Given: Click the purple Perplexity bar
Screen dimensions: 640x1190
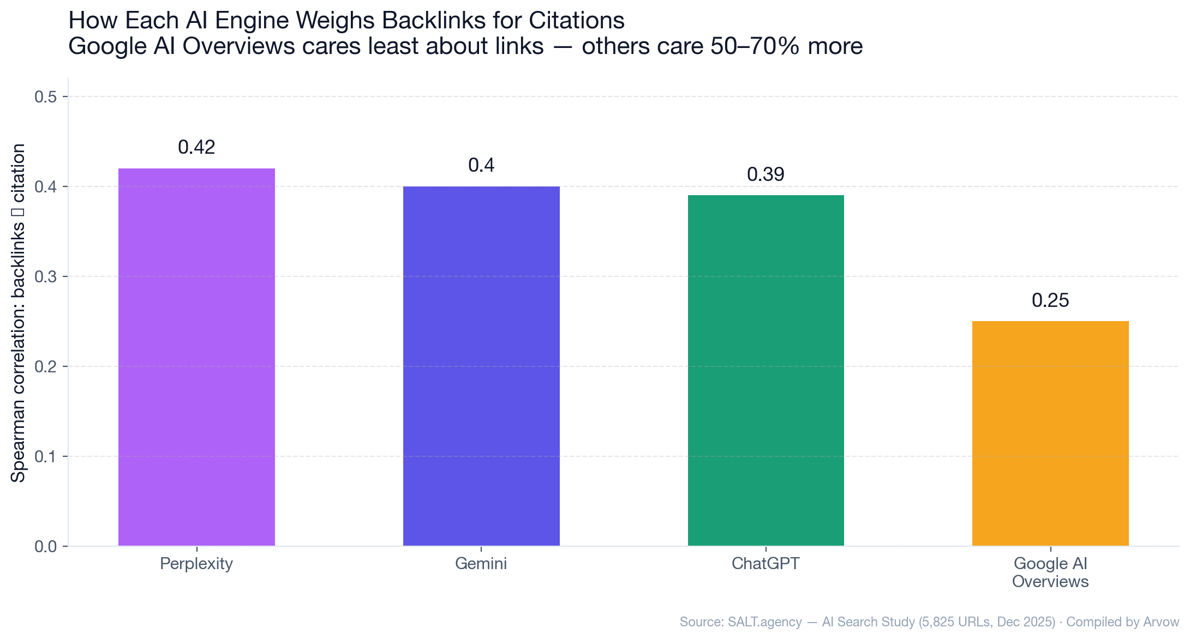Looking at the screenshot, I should click(196, 357).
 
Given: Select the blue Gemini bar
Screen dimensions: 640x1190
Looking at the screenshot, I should click(481, 366).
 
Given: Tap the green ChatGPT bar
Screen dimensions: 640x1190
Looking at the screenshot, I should click(766, 370).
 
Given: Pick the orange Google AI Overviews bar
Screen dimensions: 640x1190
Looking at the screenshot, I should click(1050, 433).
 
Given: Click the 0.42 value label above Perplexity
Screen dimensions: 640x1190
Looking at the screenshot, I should click(196, 147).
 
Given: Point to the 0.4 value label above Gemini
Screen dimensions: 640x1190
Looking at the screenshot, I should click(481, 165).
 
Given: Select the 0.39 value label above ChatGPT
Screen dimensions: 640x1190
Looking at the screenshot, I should click(766, 174).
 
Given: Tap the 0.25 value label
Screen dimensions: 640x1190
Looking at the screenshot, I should click(1050, 300).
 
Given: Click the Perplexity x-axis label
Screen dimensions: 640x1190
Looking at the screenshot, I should click(196, 564).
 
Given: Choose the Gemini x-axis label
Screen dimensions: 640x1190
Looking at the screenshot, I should click(481, 564).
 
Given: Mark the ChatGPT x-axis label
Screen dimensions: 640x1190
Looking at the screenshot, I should click(766, 564).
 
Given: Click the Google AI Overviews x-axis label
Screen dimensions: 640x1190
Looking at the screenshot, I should click(1050, 572).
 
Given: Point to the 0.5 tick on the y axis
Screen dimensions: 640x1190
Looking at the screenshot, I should click(46, 97).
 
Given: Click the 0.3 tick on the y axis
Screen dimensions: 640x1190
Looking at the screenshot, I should click(46, 277).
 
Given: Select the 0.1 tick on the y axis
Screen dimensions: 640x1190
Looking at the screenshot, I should click(46, 456).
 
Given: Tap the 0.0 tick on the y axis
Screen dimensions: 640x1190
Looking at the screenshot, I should click(46, 546).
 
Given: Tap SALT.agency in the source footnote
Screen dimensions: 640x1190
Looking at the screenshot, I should click(764, 622).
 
